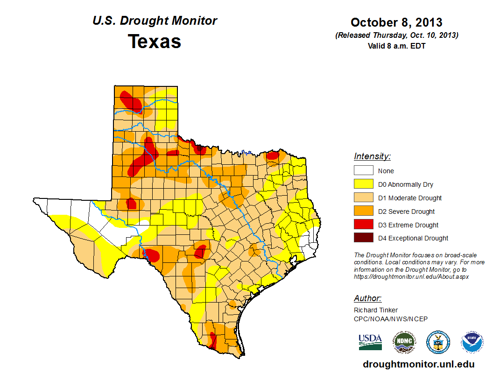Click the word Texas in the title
coord(155,42)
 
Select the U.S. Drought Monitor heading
coord(155,21)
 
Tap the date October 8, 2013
coord(396,22)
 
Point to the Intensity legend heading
coord(372,156)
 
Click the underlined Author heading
coord(367,298)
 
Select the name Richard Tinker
coord(376,310)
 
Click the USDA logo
coord(370,342)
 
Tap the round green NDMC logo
coord(404,342)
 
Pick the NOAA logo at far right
coord(472,342)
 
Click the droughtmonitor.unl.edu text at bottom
coord(418,365)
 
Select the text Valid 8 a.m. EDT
coord(396,46)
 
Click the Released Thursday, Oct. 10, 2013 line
coord(396,35)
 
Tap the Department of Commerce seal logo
coord(438,342)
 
